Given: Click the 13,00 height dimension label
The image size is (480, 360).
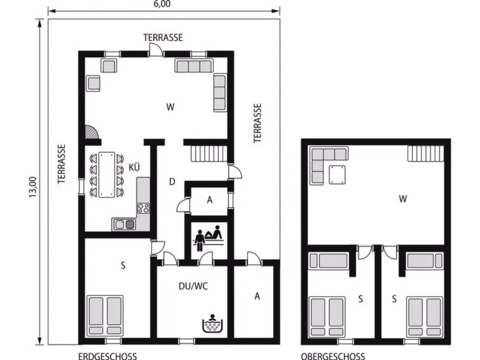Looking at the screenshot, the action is click(x=33, y=187).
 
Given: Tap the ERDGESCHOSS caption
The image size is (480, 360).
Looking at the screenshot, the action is click(x=107, y=356).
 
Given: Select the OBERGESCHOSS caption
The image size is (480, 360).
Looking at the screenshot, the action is click(x=333, y=356).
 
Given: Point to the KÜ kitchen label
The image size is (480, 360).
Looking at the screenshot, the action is click(x=134, y=167).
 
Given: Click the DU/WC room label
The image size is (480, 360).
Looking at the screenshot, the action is click(x=193, y=286).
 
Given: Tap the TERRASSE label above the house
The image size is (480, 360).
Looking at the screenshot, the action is click(x=163, y=37).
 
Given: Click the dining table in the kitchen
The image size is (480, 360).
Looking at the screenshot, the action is click(x=107, y=175).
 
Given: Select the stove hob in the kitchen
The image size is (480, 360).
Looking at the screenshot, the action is click(x=143, y=208).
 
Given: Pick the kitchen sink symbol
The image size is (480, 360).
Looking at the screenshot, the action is click(x=125, y=225).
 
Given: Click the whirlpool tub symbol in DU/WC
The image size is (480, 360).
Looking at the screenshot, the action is click(x=212, y=323).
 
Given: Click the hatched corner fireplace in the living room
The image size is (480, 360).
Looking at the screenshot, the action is click(x=91, y=132).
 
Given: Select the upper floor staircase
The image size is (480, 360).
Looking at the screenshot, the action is click(x=426, y=153).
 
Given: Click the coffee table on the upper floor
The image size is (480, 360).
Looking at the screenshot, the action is click(x=337, y=175).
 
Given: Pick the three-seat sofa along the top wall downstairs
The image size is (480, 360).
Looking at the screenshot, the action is click(x=194, y=66).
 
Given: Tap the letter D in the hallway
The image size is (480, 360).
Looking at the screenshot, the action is click(x=172, y=182).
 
